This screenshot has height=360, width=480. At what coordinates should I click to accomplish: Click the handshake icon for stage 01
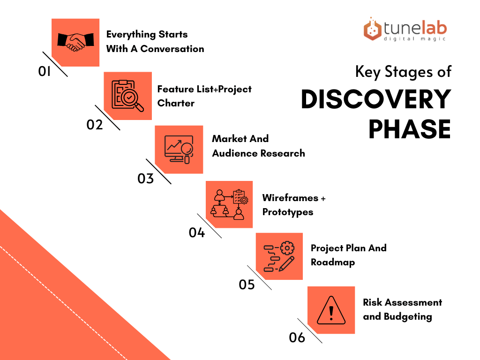point(75,42)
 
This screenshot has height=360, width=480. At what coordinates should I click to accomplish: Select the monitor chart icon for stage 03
point(179,150)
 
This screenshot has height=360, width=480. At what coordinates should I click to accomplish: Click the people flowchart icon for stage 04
point(230,204)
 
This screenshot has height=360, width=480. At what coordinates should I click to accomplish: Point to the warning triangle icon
point(331,310)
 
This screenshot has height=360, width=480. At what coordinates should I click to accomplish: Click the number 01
point(45,71)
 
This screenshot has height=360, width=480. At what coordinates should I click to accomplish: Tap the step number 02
point(95,125)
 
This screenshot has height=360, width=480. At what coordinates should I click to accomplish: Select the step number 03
point(145,179)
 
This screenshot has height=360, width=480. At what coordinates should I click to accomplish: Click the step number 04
point(196,232)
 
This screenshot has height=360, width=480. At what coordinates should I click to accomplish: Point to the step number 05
point(247,285)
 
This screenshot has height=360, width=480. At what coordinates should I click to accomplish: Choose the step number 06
point(297,337)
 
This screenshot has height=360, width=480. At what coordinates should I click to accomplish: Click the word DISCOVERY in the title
point(376,99)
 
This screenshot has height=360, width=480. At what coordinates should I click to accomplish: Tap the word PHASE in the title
point(410,129)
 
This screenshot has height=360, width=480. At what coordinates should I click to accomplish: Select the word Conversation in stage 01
point(172,49)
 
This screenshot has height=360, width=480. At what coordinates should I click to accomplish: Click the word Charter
point(176,103)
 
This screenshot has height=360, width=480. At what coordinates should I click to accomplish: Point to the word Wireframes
point(290,198)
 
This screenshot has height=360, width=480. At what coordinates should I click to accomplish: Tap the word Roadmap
point(333,262)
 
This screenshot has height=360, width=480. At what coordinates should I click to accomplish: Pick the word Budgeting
point(408,316)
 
